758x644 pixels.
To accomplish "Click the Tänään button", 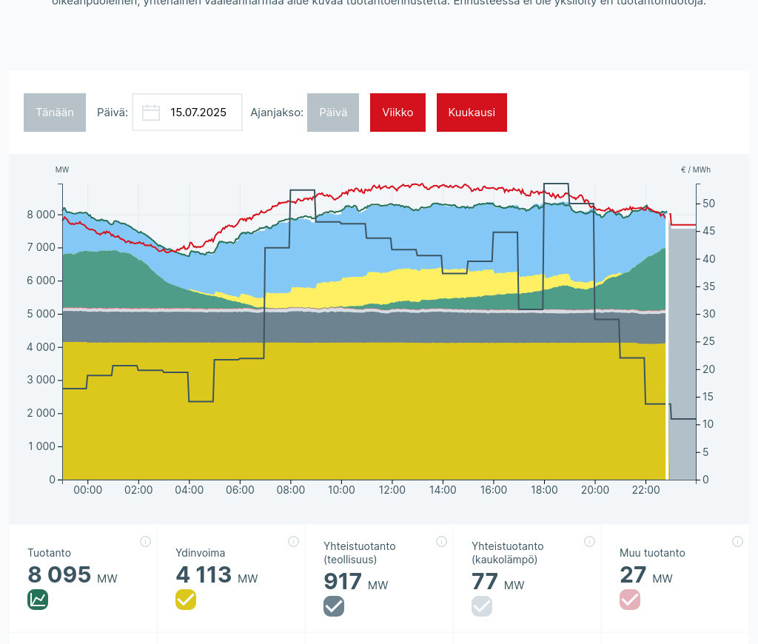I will point(55,113).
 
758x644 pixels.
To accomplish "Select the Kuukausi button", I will point(472,113).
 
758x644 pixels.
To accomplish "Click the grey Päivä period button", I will point(333,113).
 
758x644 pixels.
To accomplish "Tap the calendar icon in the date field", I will point(151,113).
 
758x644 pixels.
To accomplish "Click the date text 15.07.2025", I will point(198,113).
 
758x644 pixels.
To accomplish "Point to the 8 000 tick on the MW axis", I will point(41,215).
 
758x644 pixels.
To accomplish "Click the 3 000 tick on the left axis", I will point(41,380).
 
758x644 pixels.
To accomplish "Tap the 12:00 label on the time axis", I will point(392,490).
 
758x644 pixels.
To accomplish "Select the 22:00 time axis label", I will point(645,490).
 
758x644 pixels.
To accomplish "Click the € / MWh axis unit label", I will point(695,170).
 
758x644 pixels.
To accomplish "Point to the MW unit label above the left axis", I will point(62,170).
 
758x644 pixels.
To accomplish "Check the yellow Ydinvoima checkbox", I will point(186,600).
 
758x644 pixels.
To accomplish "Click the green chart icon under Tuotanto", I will point(38,600).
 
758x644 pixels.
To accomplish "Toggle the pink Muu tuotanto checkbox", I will point(630,600).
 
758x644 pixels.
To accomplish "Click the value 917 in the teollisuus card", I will point(343,582).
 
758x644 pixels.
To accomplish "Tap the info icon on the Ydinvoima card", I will point(293,542).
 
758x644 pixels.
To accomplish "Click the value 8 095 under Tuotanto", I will point(59,575).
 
